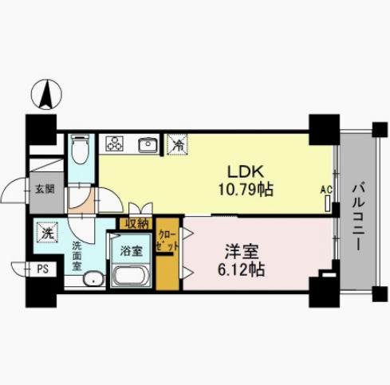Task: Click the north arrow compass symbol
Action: [46, 94]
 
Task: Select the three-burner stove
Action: [115, 143]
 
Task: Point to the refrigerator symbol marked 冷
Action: [177, 144]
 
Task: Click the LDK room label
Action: [246, 171]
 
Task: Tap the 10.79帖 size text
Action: [246, 190]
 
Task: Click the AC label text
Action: [326, 190]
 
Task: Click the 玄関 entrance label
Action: [45, 189]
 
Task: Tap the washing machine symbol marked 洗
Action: [47, 233]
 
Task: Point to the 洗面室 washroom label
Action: [77, 256]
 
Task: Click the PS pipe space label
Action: [42, 269]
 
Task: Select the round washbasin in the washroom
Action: [94, 278]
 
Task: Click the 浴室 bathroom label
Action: [132, 251]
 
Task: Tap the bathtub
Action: [131, 276]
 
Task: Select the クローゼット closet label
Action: [167, 241]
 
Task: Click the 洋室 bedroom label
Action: [242, 252]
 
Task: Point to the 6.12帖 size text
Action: [241, 269]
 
